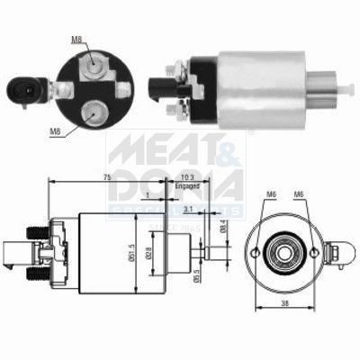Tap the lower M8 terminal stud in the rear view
(91, 112)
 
